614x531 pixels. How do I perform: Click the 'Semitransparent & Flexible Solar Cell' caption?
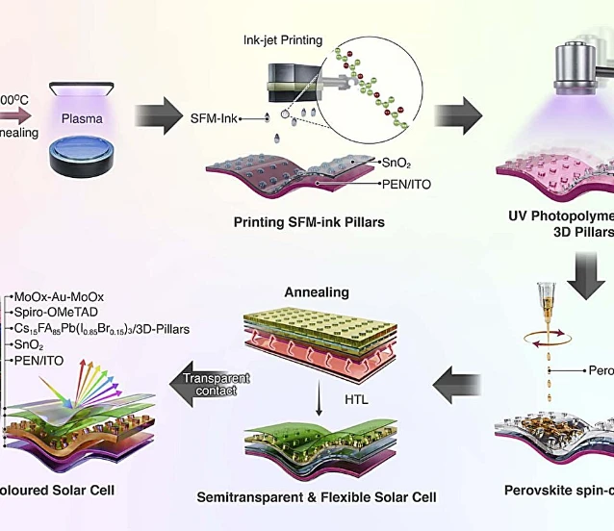(x=317, y=497)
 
